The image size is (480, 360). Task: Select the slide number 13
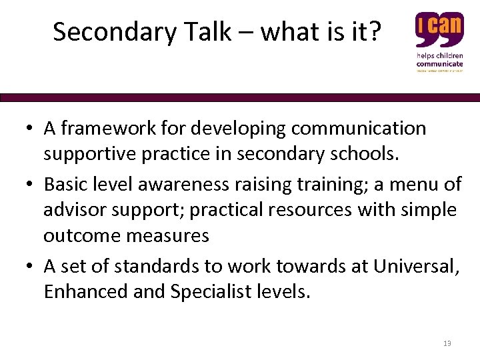(447, 343)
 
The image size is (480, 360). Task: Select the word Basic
(65, 183)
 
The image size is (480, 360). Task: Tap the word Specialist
(207, 291)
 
